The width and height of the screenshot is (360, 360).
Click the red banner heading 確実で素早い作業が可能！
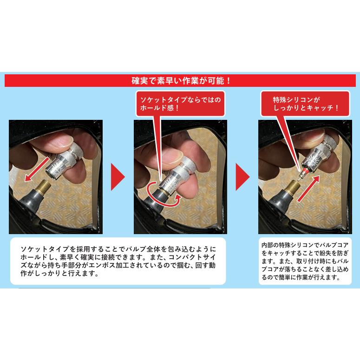[x=180, y=80]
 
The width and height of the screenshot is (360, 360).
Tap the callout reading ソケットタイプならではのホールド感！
[x=180, y=104]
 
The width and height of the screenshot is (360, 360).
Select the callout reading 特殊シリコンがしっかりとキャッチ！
[x=305, y=104]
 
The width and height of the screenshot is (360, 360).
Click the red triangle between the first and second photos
[x=118, y=177]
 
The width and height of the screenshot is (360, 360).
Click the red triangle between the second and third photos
[x=242, y=177]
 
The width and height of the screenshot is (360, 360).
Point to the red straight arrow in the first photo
[x=37, y=169]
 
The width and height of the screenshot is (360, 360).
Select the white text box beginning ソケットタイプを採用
[x=118, y=261]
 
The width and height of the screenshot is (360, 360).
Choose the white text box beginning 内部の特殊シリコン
[x=305, y=261]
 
